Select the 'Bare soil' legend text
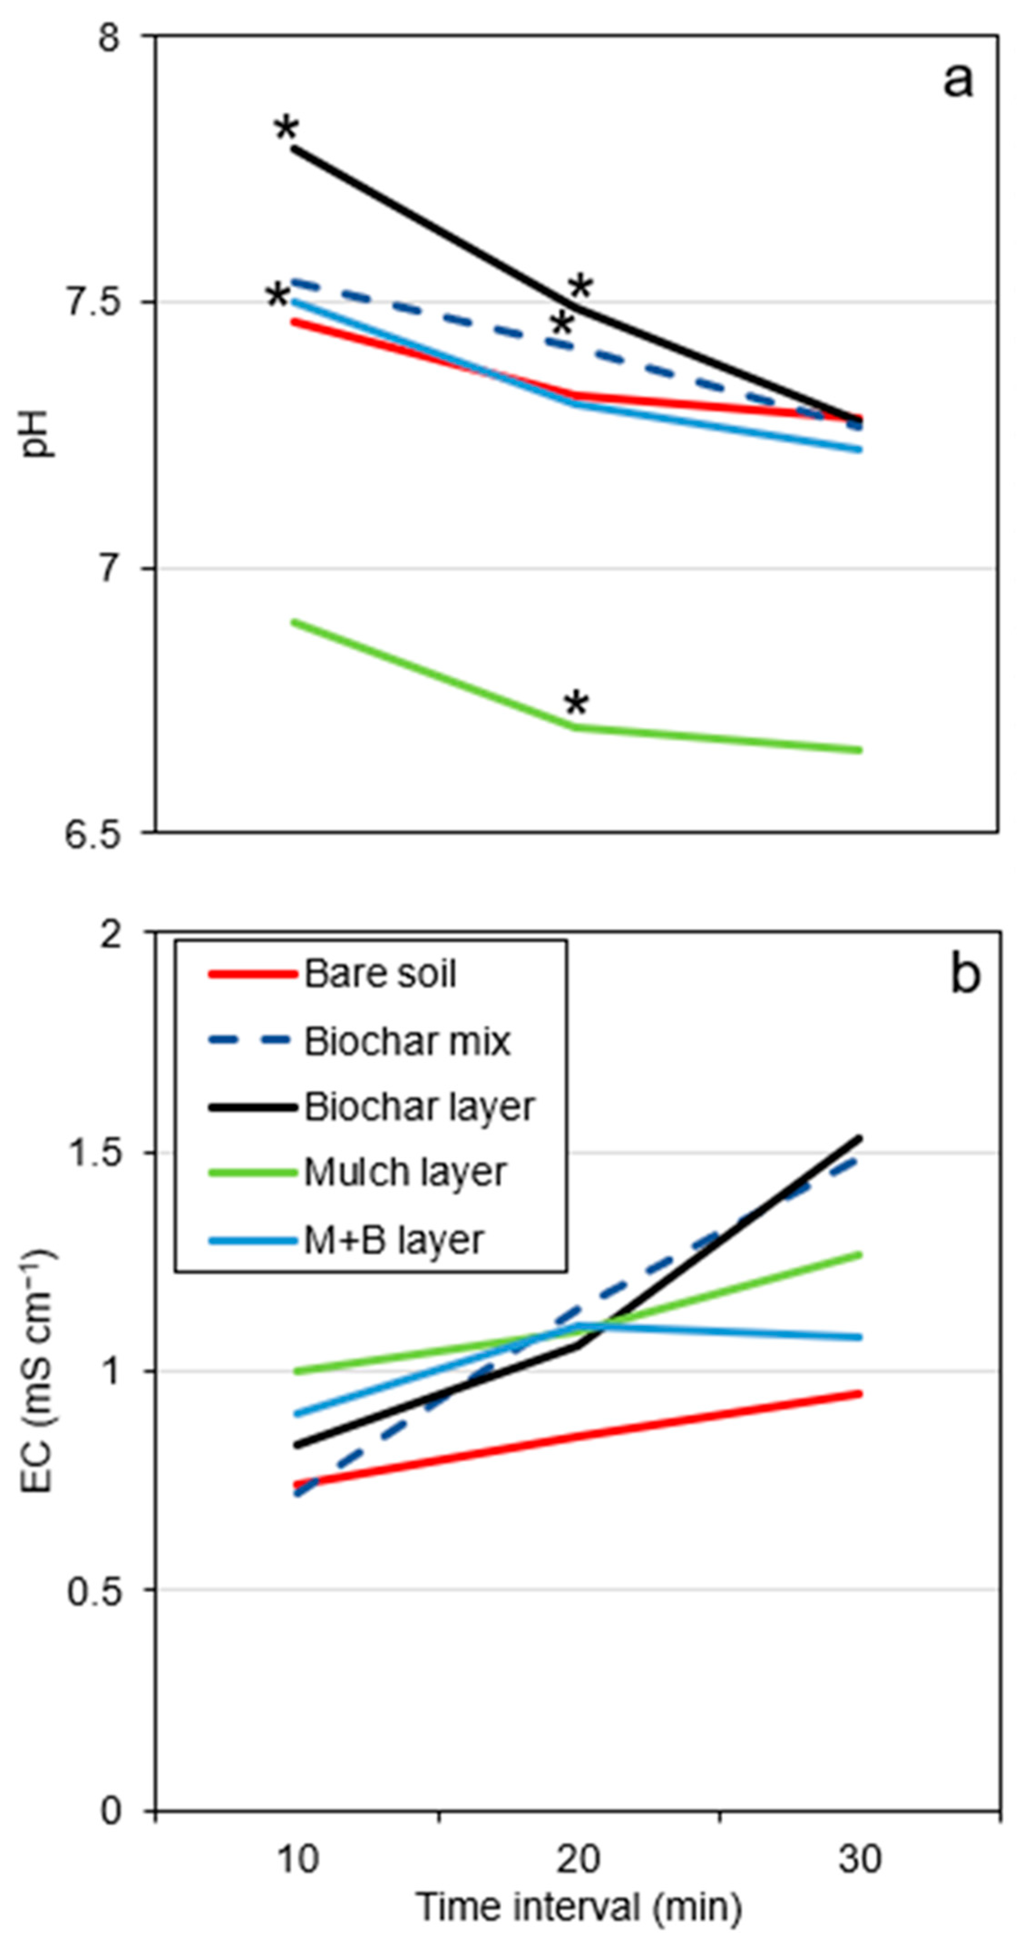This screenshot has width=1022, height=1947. [380, 974]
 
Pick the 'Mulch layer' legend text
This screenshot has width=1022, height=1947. [405, 1173]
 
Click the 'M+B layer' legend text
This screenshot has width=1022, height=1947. [393, 1240]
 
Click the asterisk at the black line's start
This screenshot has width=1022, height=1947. [286, 128]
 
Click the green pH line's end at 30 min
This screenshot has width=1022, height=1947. [860, 750]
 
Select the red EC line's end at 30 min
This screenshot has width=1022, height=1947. [860, 1394]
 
